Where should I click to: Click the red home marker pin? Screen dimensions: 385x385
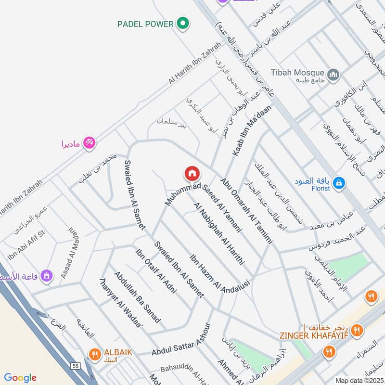[192, 173]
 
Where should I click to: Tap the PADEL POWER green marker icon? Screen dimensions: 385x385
[182, 23]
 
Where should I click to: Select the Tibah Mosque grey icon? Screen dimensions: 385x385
[334, 75]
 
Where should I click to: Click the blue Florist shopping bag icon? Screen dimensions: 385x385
[339, 183]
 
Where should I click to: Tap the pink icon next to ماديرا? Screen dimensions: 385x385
[89, 142]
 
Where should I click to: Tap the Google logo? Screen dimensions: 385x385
[20, 378]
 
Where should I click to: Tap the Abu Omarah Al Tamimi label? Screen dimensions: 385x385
[247, 211]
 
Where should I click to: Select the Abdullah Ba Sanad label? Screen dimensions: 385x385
[137, 297]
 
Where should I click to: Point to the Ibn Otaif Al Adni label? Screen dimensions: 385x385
[156, 271]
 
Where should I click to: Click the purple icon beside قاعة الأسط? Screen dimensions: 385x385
[47, 276]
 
